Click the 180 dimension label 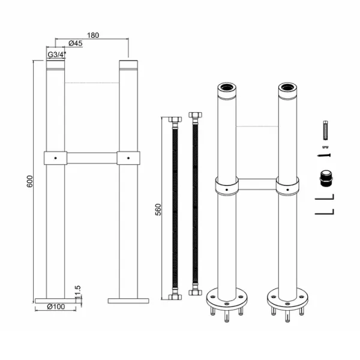(x=93, y=35)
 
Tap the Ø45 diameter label (x=76, y=43)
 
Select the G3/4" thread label (x=57, y=55)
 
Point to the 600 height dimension (x=30, y=181)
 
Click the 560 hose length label (x=158, y=209)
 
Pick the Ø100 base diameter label (x=56, y=307)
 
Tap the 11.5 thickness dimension (x=77, y=292)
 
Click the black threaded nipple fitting (x=326, y=179)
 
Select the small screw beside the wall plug (x=324, y=155)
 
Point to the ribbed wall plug (x=326, y=130)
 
